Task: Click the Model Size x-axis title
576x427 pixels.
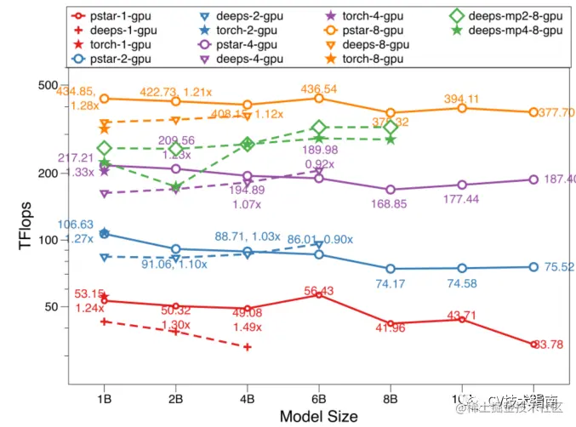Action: (318, 416)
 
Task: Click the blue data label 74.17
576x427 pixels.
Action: (390, 283)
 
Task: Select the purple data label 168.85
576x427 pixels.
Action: (390, 204)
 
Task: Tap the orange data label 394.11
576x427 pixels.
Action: (461, 99)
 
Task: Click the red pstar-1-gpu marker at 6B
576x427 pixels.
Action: (318, 294)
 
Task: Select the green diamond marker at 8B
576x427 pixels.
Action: (390, 128)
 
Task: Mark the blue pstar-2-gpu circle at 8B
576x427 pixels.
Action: (390, 269)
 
